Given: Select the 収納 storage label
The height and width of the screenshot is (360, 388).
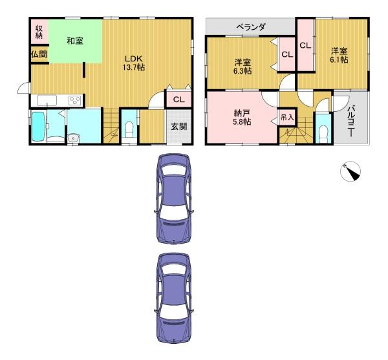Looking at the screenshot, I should click(x=39, y=32).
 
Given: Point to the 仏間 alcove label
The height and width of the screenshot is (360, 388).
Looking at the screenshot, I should click(x=38, y=55).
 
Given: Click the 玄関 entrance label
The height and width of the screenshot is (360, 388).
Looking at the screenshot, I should click(x=179, y=127).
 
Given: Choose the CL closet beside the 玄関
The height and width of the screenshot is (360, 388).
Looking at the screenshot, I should click(x=178, y=100).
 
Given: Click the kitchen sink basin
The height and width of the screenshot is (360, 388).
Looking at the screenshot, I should click(x=48, y=100).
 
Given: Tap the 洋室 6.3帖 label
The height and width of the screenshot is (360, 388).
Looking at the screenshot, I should click(x=243, y=67).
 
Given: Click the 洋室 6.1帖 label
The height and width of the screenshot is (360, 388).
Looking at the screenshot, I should click(x=339, y=55).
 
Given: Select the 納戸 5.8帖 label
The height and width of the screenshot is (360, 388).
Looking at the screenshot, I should click(x=242, y=117).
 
